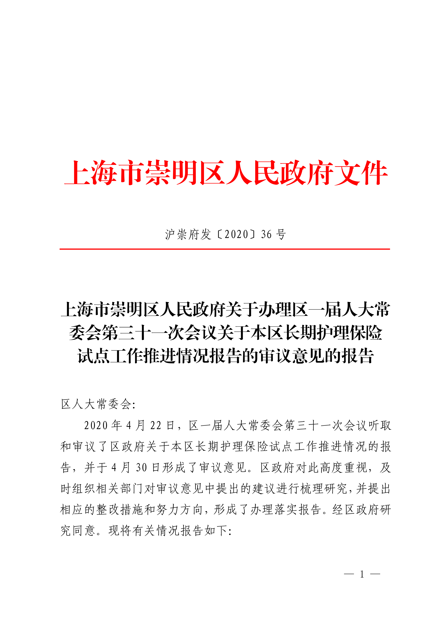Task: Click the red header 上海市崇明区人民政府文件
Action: (x=226, y=173)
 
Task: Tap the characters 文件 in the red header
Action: (x=361, y=173)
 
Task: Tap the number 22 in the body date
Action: (x=156, y=426)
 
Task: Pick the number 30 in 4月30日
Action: (x=142, y=468)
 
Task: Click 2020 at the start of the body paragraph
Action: (x=96, y=426)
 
